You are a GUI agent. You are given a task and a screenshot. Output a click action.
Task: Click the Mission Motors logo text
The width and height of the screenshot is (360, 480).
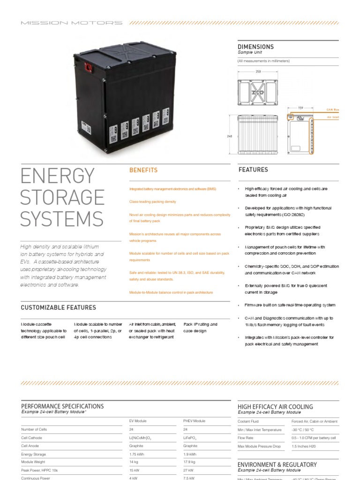72,22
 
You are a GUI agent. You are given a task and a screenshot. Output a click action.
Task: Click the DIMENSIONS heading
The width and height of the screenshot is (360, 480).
255,47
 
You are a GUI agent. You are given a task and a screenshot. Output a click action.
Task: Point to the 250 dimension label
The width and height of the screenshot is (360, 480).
258,72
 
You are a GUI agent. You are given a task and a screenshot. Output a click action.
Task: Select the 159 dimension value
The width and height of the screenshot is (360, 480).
301,107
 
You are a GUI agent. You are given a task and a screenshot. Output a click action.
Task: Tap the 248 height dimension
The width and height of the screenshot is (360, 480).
230,136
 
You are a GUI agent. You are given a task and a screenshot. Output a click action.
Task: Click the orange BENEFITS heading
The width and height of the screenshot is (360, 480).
143,170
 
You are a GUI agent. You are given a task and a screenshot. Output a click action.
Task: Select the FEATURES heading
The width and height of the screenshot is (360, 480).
253,170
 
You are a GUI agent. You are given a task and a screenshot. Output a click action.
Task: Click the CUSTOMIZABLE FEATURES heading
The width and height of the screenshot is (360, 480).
59,307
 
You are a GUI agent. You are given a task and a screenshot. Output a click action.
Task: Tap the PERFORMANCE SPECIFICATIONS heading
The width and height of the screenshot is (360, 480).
62,406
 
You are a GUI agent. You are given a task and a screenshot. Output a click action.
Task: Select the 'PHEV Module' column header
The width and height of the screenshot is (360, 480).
194,421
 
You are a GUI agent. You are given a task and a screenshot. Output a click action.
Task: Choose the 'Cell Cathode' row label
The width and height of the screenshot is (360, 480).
32,437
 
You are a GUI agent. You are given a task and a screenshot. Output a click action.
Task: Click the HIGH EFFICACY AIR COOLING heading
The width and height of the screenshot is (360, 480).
275,407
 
